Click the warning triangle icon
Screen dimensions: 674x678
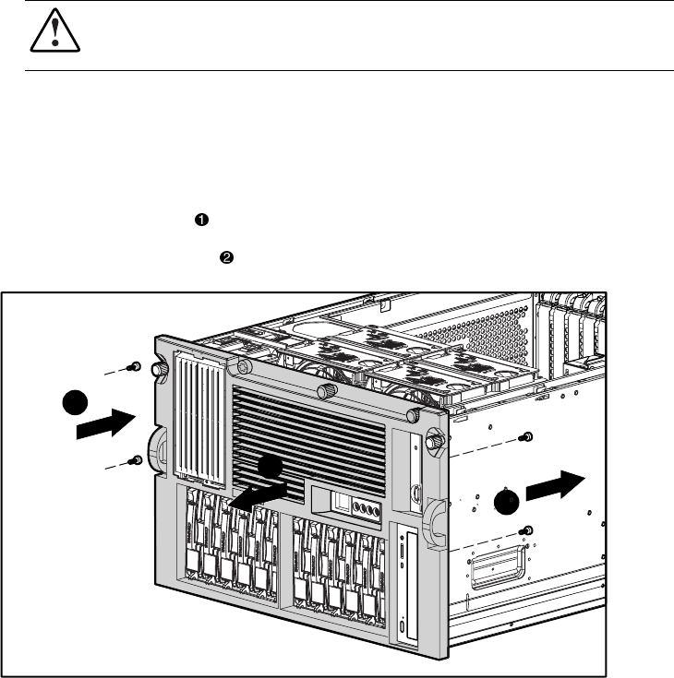point(44,35)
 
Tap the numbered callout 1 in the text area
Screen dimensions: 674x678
point(199,219)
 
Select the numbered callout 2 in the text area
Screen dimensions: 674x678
point(223,259)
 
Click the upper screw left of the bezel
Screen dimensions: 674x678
point(137,366)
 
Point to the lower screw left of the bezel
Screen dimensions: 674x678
point(137,458)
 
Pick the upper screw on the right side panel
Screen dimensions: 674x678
point(526,436)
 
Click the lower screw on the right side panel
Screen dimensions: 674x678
point(526,529)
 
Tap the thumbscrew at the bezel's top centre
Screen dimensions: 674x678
point(326,392)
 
